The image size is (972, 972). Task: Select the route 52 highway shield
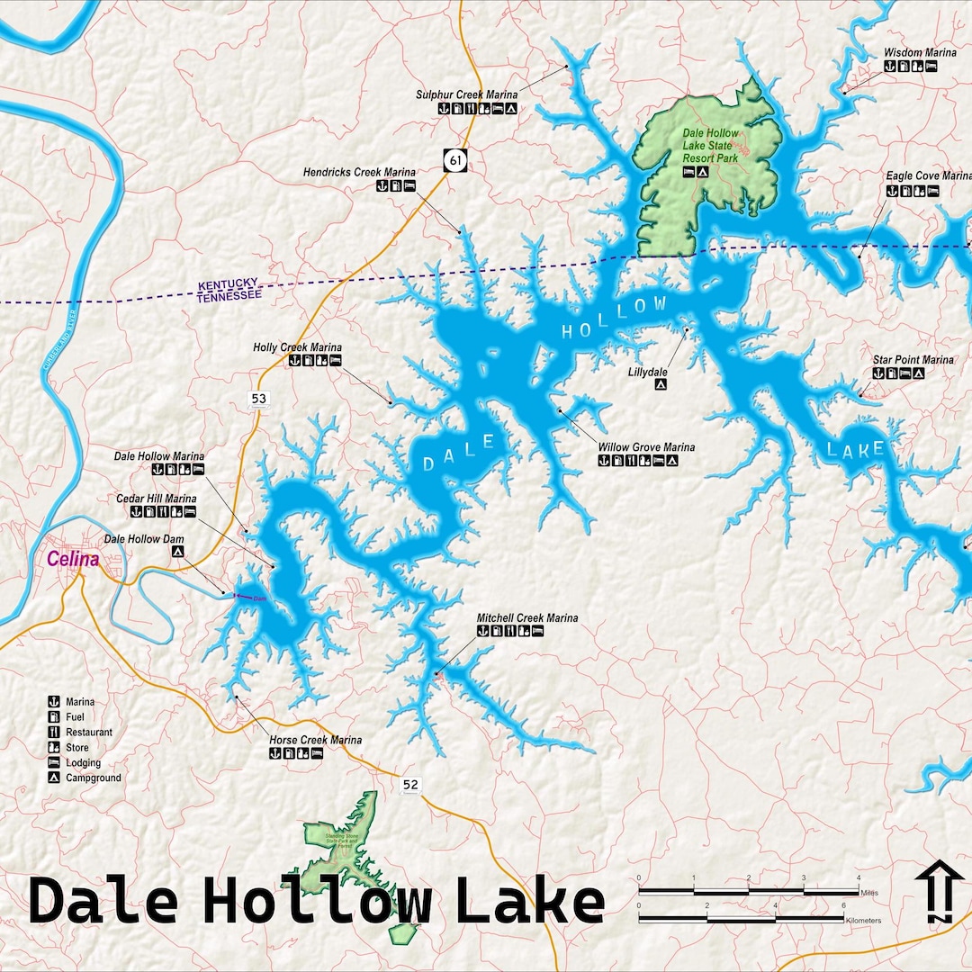[410, 785]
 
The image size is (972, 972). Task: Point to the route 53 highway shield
[259, 399]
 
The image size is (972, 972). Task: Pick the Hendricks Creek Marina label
[359, 172]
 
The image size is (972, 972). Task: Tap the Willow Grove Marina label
[646, 447]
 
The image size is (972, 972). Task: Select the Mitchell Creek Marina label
[526, 618]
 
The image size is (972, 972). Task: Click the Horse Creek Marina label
[315, 740]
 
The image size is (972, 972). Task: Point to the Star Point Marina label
[913, 360]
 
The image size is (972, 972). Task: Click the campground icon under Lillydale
[661, 384]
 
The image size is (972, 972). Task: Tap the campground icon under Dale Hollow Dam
[178, 552]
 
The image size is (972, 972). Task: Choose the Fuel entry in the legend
[75, 716]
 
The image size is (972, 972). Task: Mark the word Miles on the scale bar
[869, 893]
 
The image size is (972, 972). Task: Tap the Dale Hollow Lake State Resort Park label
[710, 145]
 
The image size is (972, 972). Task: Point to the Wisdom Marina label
[914, 53]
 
